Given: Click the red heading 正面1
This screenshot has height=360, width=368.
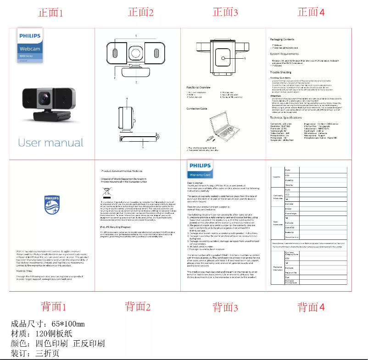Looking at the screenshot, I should (x=51, y=12).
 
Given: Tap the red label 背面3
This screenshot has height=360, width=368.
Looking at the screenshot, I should (x=225, y=307).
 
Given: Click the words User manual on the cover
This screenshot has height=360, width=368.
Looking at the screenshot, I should (x=51, y=143).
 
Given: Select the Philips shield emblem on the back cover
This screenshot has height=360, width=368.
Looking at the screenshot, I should (x=51, y=205).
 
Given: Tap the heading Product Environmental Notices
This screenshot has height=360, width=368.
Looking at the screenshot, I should (x=122, y=171).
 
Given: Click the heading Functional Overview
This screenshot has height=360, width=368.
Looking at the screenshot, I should (x=198, y=87).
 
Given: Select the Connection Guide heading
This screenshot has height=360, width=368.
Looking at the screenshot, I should (x=197, y=109).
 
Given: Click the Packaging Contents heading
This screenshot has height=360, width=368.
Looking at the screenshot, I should (x=282, y=39).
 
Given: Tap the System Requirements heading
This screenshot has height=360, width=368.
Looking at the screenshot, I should (x=284, y=54).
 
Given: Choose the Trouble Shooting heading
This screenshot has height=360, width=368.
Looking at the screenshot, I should (x=280, y=72).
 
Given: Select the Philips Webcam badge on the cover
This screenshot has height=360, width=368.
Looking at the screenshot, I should (x=30, y=44).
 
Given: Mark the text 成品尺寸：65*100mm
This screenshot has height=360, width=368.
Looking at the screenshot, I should (x=48, y=324).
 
